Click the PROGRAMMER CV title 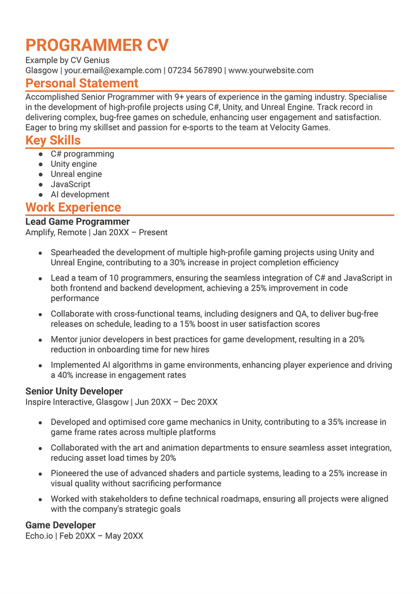(97, 45)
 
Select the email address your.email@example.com (113, 71)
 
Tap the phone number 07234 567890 (195, 71)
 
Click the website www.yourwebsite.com (271, 71)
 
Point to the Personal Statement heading (82, 83)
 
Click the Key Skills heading (53, 141)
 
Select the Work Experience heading (73, 208)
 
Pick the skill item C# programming (82, 154)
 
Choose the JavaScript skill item (71, 184)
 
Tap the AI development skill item (80, 194)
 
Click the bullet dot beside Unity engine (40, 165)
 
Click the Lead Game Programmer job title (77, 222)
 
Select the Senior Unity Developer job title (74, 391)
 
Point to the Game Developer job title (60, 525)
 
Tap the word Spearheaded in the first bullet (74, 252)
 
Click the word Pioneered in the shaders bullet (70, 474)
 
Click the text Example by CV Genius (67, 60)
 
